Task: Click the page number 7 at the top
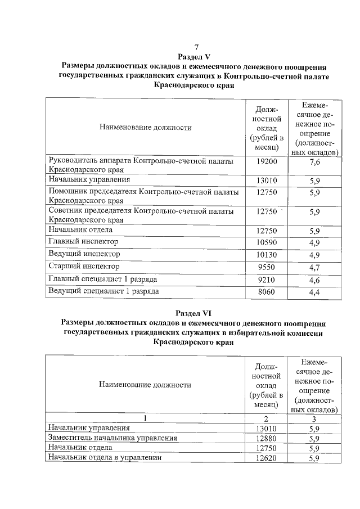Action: coord(196,47)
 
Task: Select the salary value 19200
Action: coord(267,162)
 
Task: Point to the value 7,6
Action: coord(315,162)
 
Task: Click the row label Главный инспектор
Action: coord(84,242)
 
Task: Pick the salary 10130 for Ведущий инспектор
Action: coord(267,254)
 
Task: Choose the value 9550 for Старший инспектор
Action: coord(267,267)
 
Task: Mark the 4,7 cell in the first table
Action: coord(315,267)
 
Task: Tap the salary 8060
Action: coord(267,291)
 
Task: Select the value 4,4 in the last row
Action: coord(315,292)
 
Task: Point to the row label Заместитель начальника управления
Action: coord(113,438)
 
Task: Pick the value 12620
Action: coord(267,458)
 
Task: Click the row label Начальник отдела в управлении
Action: coord(105,458)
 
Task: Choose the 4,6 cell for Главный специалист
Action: coord(315,279)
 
